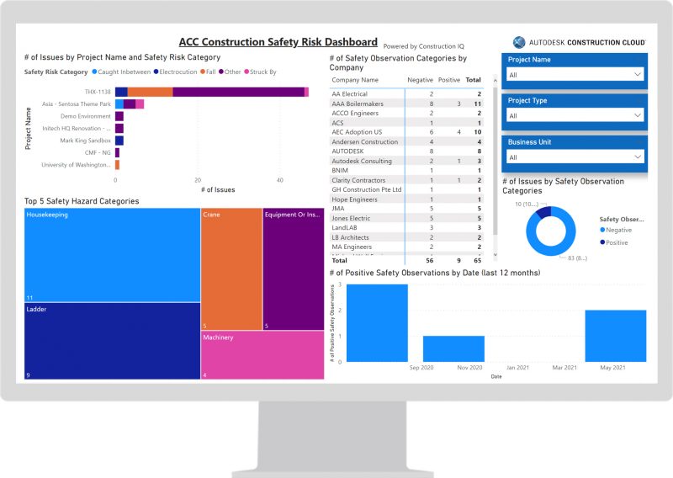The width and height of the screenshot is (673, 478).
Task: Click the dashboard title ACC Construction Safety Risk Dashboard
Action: point(278,42)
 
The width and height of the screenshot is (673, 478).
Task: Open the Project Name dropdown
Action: point(576,75)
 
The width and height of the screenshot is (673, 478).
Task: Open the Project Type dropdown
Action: point(576,115)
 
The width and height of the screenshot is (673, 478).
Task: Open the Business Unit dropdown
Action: point(576,157)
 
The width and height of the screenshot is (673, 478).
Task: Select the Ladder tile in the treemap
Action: point(112,341)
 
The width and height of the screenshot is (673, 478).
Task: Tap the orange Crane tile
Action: point(231,269)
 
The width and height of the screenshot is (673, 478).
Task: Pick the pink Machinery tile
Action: point(262,354)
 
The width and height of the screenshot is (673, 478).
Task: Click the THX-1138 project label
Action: point(98,92)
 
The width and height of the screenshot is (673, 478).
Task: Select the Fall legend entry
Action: point(208,72)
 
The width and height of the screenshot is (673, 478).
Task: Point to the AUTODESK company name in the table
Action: point(349,151)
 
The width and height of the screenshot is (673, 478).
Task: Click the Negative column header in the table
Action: point(420,79)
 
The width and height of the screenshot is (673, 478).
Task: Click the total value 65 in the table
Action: point(477,261)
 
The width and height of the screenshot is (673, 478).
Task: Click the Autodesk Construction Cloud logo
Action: point(580,42)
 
